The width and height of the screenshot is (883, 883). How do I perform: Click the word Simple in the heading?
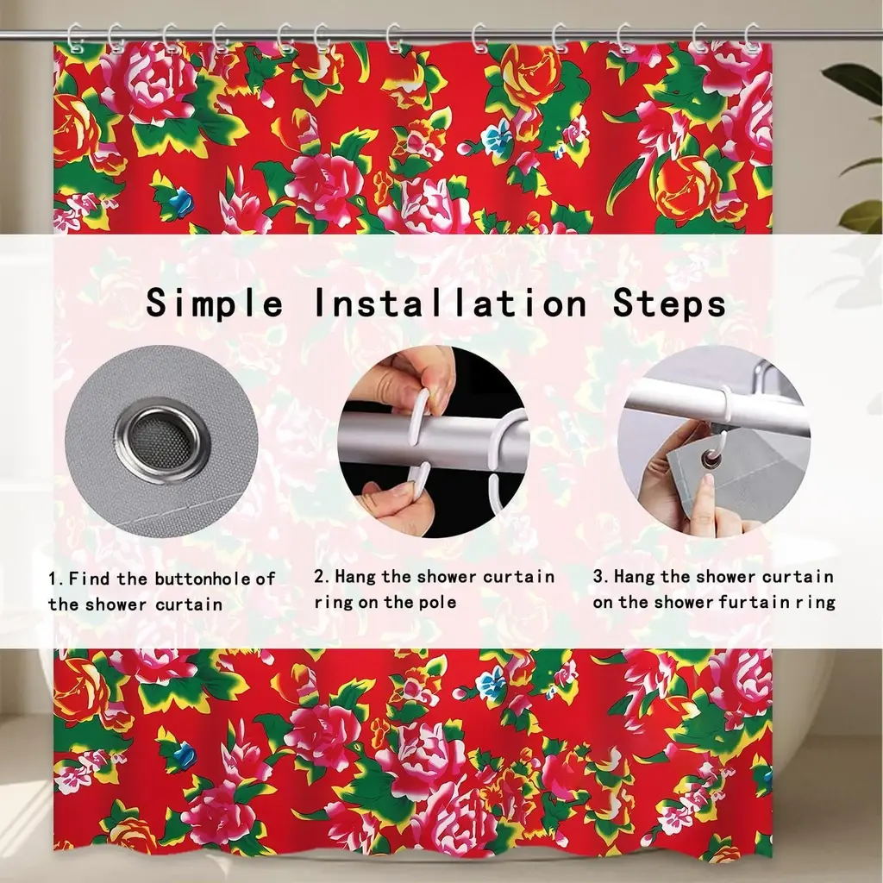tap(215, 303)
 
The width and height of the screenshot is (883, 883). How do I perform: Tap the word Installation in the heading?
tap(450, 303)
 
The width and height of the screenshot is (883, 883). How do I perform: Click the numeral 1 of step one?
tap(53, 579)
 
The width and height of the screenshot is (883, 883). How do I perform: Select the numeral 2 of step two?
tap(319, 577)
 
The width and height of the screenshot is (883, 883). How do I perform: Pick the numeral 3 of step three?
tap(598, 577)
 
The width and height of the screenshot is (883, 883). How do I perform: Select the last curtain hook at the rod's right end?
tap(752, 38)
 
